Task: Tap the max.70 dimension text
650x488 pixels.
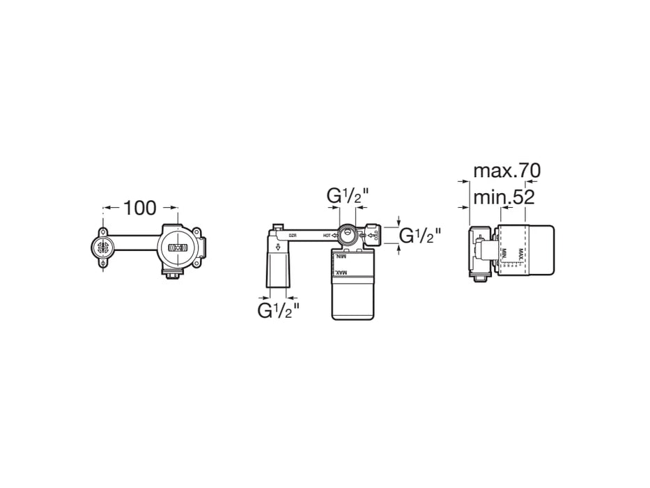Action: coord(506,170)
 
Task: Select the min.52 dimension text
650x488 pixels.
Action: coord(504,197)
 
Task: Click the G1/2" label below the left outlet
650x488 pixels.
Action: coord(279,310)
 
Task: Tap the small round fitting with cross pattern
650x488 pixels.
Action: coord(102,245)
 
